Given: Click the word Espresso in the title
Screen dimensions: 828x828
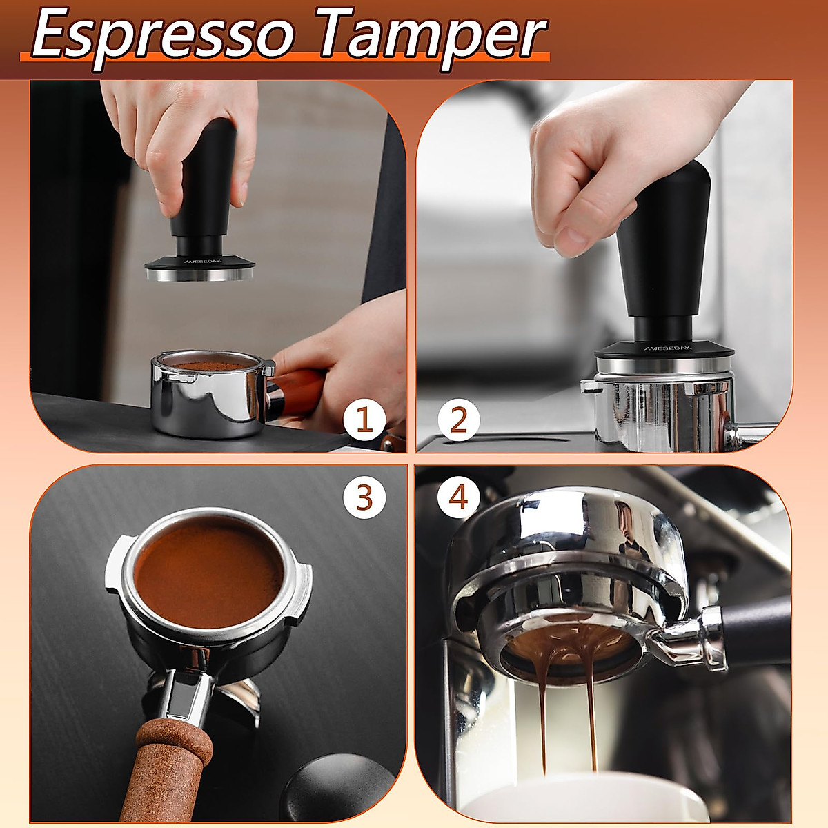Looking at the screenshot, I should tap(162, 34).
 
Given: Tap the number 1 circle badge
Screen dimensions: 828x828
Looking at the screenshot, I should tap(364, 420).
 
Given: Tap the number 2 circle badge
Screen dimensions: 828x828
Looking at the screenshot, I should tap(458, 420).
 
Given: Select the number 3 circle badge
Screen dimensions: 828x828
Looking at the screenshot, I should tap(364, 498).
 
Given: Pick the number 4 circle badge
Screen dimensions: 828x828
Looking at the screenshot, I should tap(458, 498).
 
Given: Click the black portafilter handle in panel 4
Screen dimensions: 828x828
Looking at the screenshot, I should tap(759, 628).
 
